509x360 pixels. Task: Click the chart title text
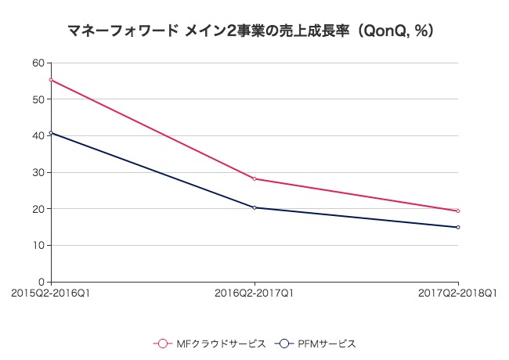(x=251, y=32)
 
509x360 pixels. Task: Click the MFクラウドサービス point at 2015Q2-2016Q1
(x=51, y=80)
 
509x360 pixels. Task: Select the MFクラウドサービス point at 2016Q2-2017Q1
(x=254, y=178)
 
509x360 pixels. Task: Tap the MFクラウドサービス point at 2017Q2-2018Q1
(x=458, y=211)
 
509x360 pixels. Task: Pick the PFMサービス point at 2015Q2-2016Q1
(x=51, y=133)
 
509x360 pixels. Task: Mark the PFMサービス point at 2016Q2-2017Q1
(x=254, y=207)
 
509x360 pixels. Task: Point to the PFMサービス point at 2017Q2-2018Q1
(x=458, y=227)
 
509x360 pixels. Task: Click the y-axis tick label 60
(x=38, y=63)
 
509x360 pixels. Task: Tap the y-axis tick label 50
(x=38, y=99)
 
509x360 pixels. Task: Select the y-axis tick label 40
(x=38, y=136)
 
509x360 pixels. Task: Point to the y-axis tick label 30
(x=38, y=172)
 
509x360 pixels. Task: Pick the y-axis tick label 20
(x=38, y=209)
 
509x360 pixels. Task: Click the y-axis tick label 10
(x=38, y=245)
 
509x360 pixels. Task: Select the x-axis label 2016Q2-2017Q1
(x=254, y=293)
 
